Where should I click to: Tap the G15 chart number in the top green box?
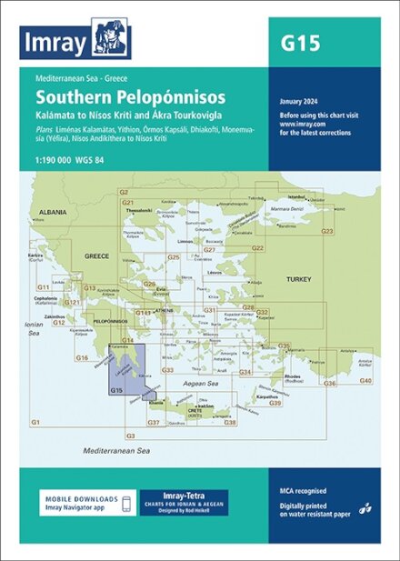(x=302, y=43)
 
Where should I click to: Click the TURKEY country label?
(x=298, y=278)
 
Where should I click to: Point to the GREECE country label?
(x=96, y=256)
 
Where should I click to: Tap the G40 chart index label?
(x=365, y=379)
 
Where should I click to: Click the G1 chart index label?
(x=35, y=423)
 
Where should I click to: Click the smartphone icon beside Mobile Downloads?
(x=127, y=504)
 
